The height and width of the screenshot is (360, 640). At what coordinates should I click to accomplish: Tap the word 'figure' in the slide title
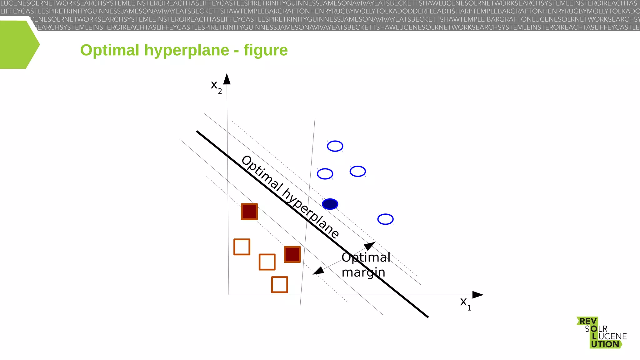[x=265, y=50]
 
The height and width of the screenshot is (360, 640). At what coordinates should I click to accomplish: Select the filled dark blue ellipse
[x=330, y=204]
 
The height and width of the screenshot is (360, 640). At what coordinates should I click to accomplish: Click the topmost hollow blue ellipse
[x=335, y=146]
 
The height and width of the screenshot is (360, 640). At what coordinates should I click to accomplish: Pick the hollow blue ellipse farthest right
[x=385, y=219]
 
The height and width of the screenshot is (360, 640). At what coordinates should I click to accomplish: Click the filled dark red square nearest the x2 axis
[x=249, y=212]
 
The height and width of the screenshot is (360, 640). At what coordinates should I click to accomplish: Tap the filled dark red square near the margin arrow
[x=292, y=254]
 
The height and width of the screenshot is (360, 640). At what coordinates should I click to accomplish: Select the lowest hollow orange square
[x=279, y=285]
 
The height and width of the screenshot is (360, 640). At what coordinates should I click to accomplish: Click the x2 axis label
[x=216, y=86]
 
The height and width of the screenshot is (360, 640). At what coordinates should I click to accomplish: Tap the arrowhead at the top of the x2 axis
[x=227, y=79]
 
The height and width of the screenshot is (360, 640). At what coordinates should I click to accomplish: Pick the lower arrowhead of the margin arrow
[x=318, y=271]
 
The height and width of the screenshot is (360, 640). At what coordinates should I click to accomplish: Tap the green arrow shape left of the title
[x=19, y=45]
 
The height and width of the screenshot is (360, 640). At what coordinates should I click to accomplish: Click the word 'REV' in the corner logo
[x=588, y=321]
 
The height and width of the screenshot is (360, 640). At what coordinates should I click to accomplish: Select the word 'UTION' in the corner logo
[x=605, y=344]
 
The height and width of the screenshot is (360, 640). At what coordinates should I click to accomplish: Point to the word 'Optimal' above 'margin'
[x=366, y=257]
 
